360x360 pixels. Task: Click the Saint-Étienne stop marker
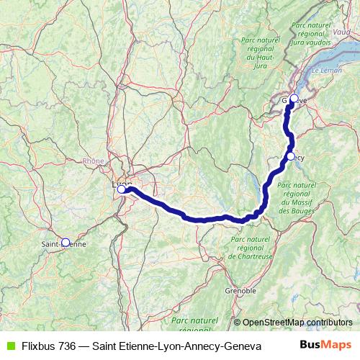tap(66, 243)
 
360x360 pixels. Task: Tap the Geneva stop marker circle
tap(293, 99)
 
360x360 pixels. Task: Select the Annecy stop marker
tap(290, 156)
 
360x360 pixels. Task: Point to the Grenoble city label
tap(240, 291)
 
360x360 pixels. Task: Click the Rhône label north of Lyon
tap(94, 161)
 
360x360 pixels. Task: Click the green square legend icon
tap(9, 346)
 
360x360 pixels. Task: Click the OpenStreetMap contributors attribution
tap(297, 323)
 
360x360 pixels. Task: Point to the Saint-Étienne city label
tap(63, 244)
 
